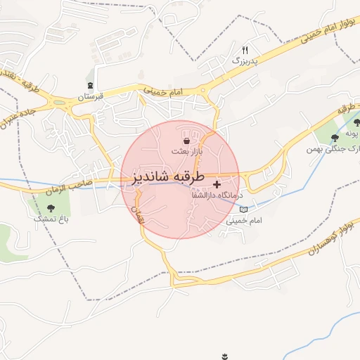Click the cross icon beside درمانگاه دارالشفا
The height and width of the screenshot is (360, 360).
point(216,184)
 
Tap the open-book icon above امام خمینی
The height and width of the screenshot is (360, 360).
point(244,210)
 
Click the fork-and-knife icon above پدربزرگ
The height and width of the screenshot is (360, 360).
point(245,50)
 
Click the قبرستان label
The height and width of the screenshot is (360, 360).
point(89,95)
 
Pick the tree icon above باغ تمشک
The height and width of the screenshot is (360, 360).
point(51,207)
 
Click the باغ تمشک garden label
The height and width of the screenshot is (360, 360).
point(51,219)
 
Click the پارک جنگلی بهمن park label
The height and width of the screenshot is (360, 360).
point(332,148)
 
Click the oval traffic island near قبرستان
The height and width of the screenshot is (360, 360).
point(78,109)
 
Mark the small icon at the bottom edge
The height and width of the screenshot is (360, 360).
point(225,356)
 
